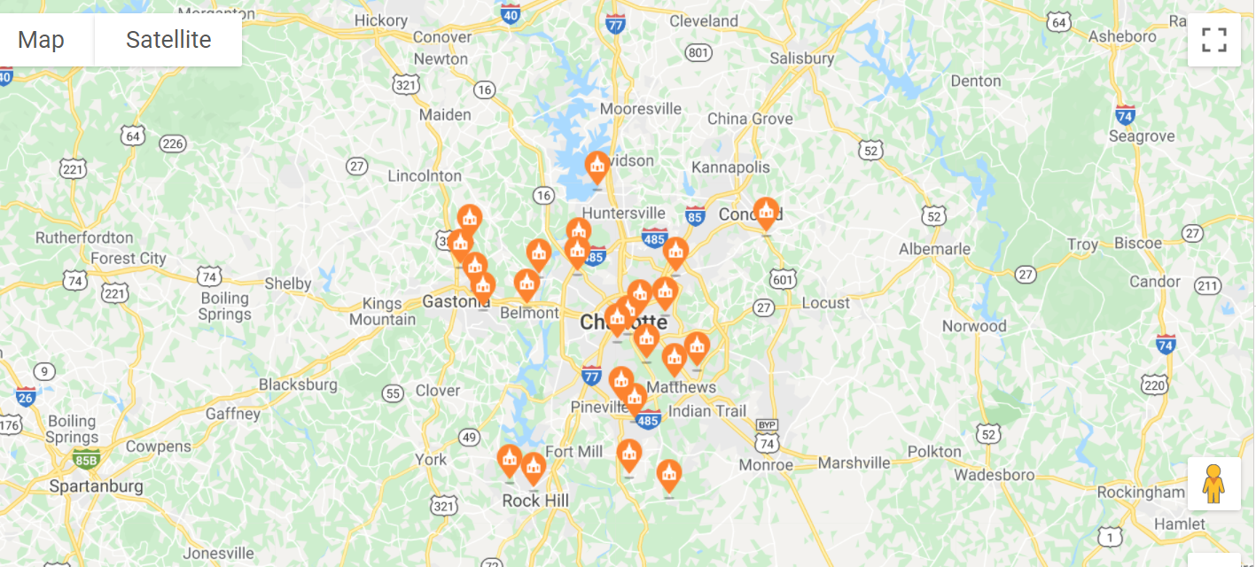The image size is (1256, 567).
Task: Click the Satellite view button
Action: pos(168,40)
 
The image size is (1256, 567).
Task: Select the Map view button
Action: pos(41,40)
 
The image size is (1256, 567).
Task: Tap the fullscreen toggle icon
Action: pos(1213,40)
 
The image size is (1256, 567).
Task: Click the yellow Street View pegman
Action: pos(1213,484)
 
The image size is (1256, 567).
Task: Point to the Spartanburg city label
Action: pos(96,486)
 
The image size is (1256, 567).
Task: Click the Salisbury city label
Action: pos(801,58)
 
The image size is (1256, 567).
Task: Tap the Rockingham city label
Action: pos(1140,492)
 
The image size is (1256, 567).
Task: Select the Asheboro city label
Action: pos(1122,36)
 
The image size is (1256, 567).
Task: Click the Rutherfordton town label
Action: pos(84,237)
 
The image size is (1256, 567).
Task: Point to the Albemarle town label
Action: pos(934,249)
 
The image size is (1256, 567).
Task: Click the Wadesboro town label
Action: pos(994,475)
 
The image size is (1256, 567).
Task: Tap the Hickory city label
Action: pos(380,19)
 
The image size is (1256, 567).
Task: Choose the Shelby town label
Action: pos(288,283)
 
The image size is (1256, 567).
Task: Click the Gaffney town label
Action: pos(233,414)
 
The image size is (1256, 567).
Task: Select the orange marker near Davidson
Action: pos(597,167)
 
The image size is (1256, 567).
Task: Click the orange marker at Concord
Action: pos(766,213)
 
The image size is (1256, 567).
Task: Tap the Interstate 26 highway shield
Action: pos(26,396)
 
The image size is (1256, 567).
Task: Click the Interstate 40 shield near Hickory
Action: pos(510,14)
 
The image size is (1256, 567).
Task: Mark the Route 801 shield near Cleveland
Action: pos(698,53)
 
